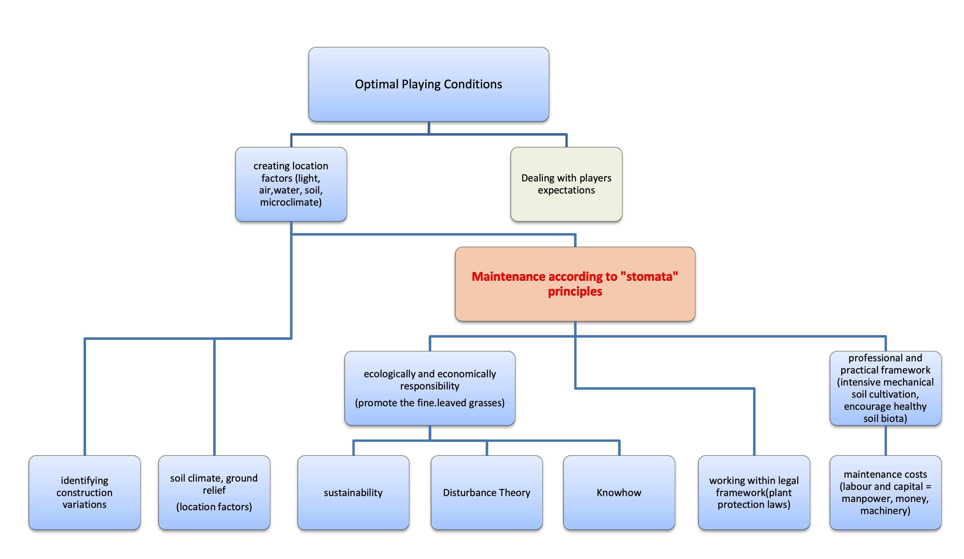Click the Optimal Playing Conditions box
[429, 84]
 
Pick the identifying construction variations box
[85, 492]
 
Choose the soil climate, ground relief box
[214, 492]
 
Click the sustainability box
[353, 493]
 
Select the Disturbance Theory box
[487, 493]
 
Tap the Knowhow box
[619, 493]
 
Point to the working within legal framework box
[754, 492]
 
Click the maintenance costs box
[885, 492]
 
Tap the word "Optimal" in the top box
[376, 84]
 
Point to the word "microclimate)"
[291, 202]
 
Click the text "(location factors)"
[214, 507]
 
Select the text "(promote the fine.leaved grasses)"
[430, 403]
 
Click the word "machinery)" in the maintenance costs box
[885, 511]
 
